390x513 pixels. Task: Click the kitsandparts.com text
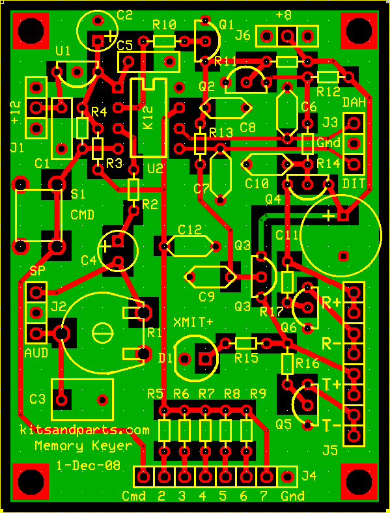[85, 430]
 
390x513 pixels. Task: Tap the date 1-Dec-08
[89, 465]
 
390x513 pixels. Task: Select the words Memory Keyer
[84, 445]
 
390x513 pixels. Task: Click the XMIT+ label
[193, 322]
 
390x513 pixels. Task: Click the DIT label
[353, 184]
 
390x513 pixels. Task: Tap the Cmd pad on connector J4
[143, 476]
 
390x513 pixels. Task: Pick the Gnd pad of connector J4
[287, 476]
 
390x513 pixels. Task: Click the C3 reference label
[37, 399]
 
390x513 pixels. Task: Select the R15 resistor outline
[245, 343]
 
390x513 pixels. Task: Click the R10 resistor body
[164, 41]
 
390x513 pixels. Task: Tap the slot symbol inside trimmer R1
[102, 334]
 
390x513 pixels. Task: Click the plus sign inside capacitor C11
[329, 215]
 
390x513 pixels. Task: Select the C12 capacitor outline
[189, 245]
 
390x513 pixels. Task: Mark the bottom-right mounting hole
[359, 482]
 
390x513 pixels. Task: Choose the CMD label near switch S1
[82, 215]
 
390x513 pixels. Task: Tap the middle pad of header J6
[287, 35]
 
